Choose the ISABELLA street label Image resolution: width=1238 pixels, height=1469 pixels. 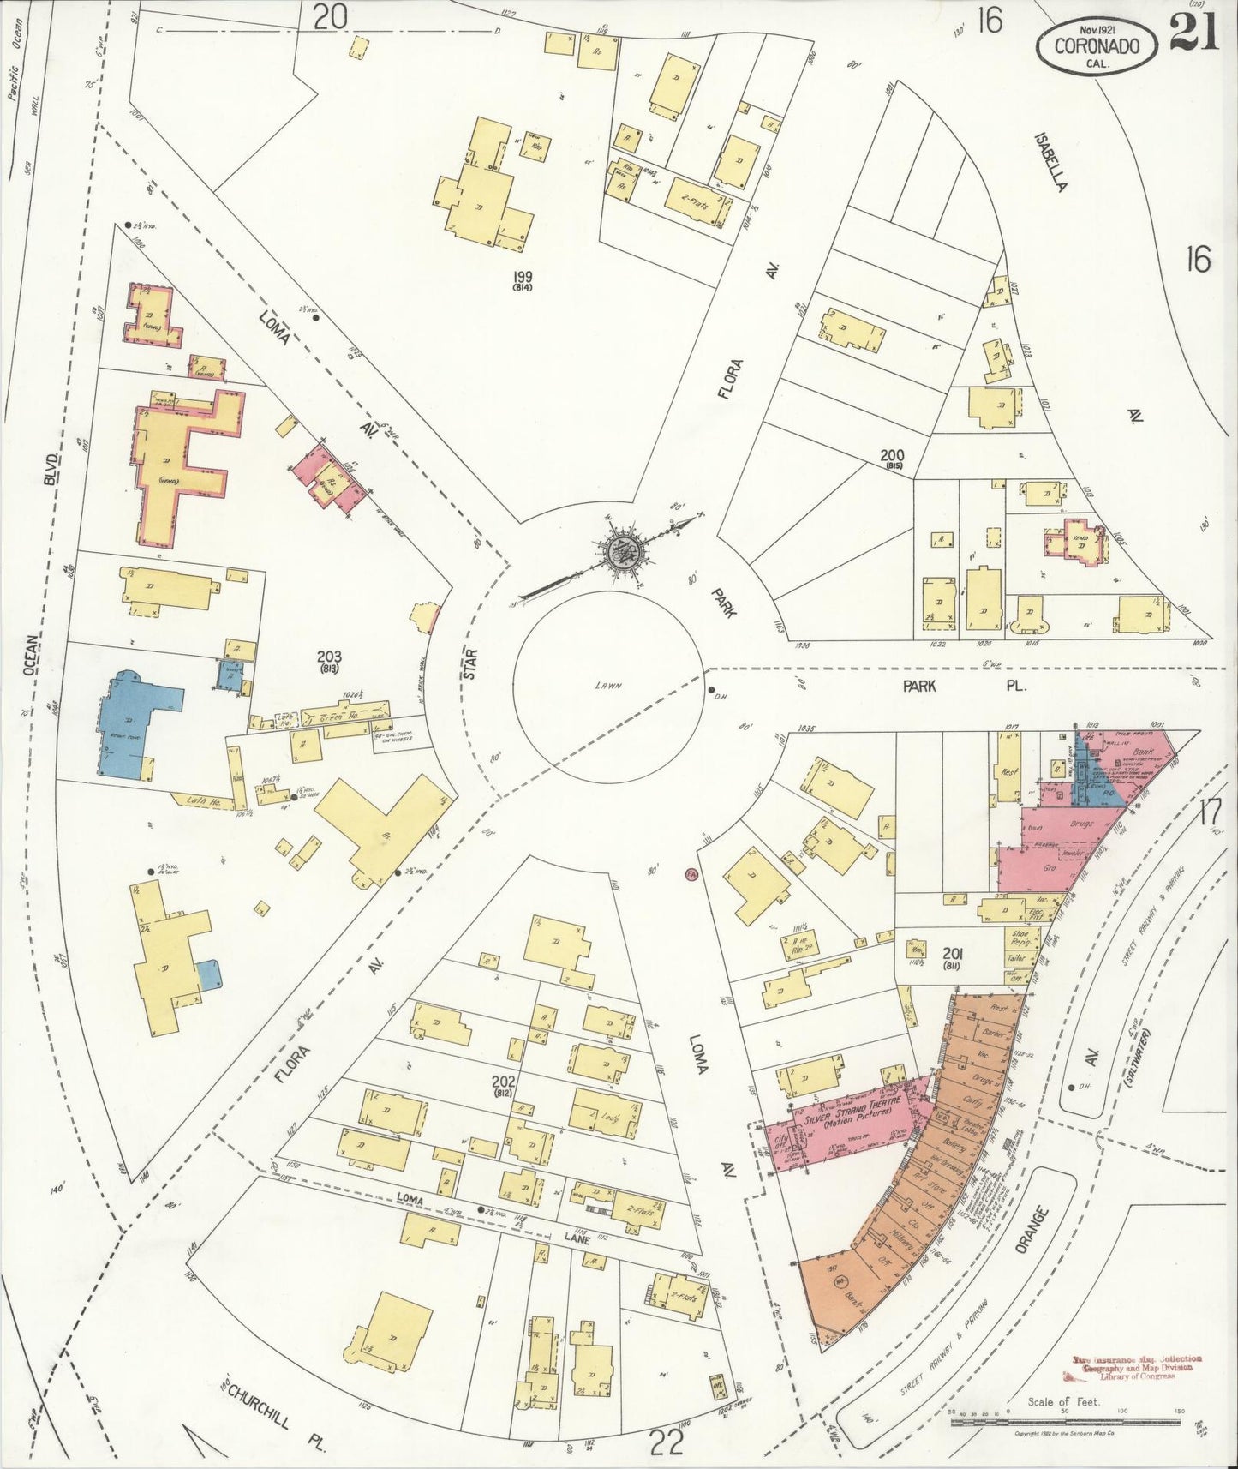[x=1050, y=162]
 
